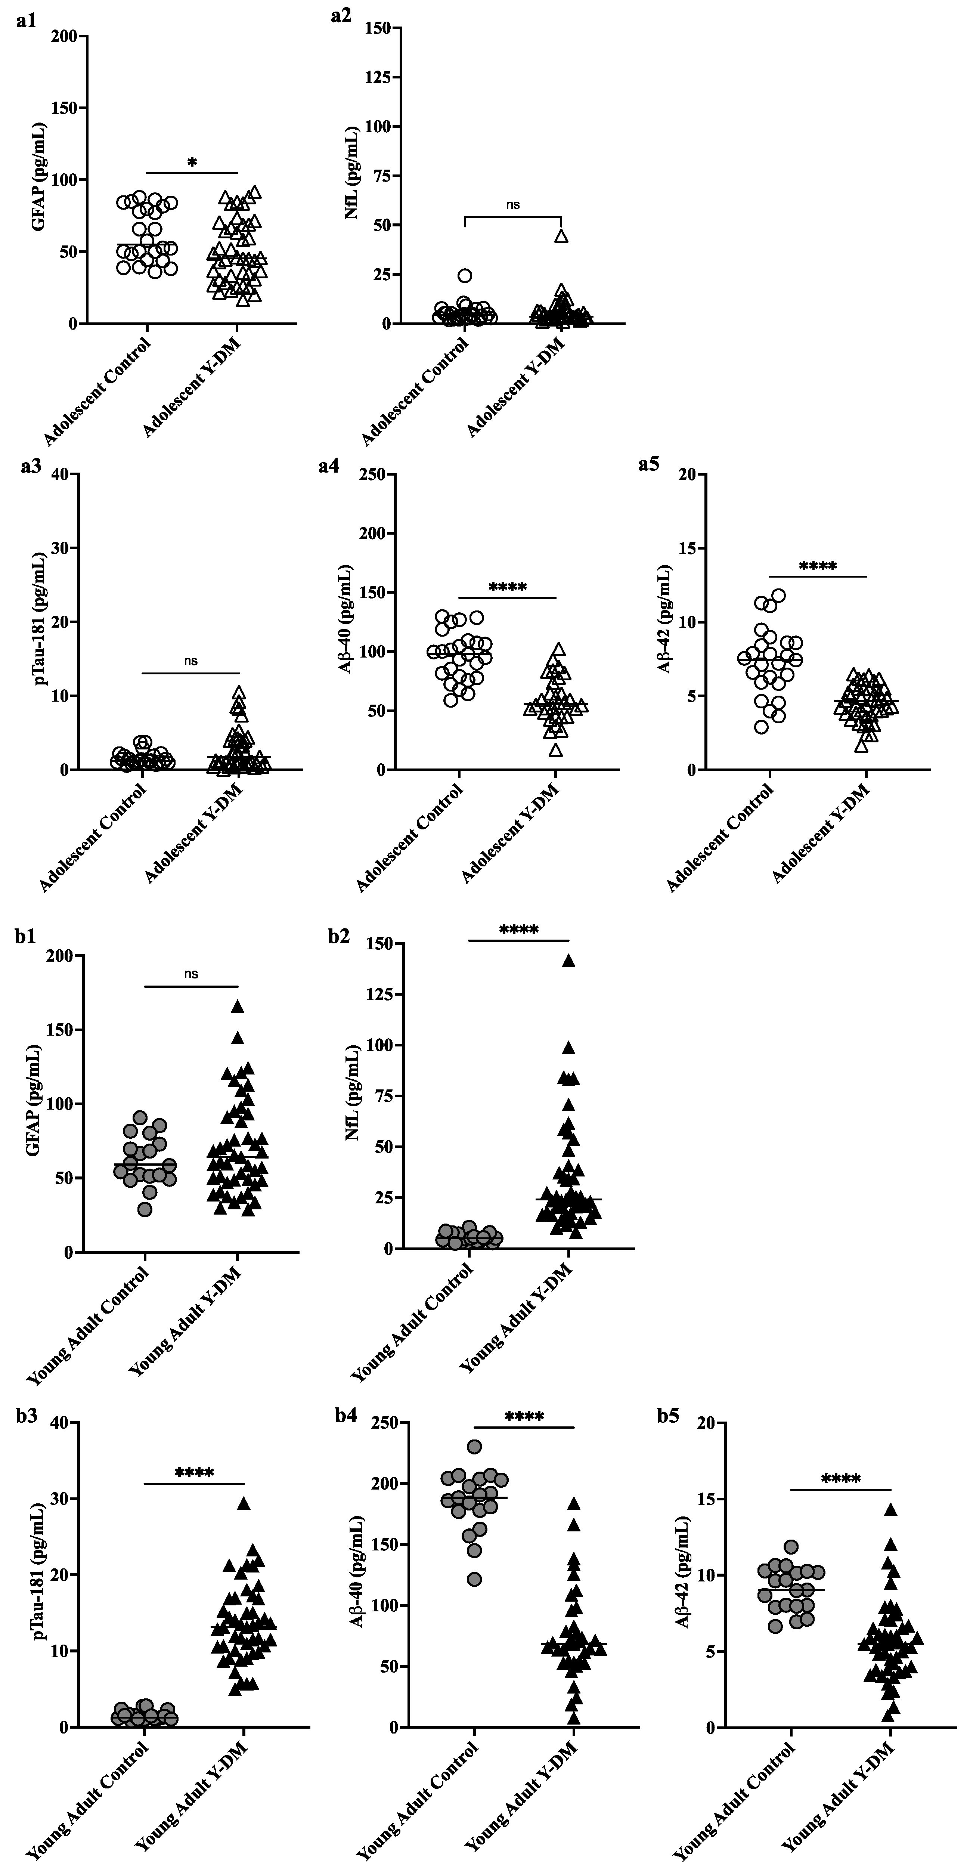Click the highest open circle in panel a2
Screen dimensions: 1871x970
click(465, 275)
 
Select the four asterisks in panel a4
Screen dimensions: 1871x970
click(508, 587)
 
